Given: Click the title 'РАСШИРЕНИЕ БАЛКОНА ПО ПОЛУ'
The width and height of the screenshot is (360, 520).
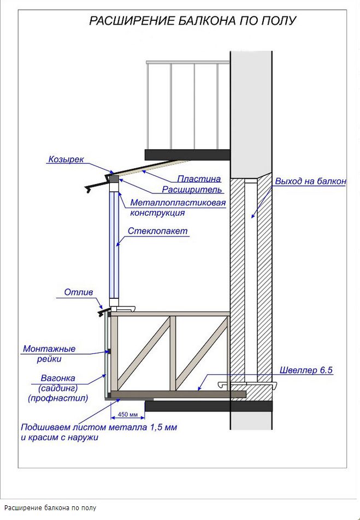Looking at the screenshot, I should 192,21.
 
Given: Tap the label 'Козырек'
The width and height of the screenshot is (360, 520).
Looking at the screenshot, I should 66,159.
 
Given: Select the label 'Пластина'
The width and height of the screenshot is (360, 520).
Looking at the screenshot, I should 199,179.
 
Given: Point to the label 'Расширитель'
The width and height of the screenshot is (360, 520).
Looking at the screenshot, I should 192,190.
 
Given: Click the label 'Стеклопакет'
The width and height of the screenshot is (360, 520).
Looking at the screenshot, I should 158,231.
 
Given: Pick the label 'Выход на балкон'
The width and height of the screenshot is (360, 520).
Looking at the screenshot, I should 310,181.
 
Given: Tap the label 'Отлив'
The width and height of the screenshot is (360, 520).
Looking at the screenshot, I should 79,293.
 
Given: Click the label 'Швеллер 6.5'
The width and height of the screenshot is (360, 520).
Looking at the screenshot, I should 306,370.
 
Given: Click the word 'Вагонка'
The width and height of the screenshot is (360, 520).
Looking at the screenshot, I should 58,378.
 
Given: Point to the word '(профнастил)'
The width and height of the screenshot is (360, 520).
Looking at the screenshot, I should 58,399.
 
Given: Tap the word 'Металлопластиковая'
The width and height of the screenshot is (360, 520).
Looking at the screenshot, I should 178,203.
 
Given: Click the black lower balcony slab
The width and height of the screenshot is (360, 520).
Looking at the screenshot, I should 208,406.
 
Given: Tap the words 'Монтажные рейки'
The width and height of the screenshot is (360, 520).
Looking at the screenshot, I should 49,353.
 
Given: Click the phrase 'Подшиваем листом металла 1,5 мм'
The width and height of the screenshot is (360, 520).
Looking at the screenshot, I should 99,427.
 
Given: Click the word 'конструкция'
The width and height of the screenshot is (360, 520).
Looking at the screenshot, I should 157,213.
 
